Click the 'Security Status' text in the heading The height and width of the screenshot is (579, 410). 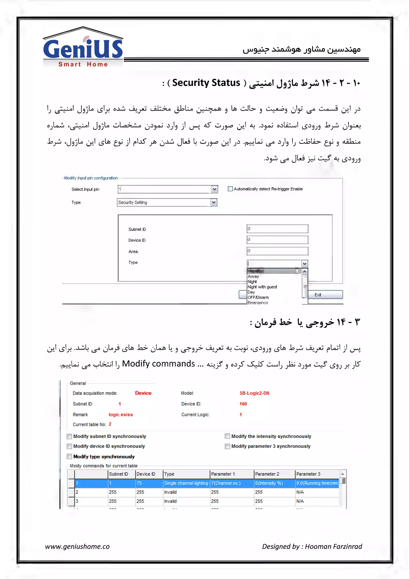[x=206, y=83]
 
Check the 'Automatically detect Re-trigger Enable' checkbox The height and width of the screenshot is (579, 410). [x=230, y=189]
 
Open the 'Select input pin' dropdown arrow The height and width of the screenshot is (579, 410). [x=214, y=189]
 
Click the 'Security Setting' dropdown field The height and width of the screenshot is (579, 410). [x=164, y=202]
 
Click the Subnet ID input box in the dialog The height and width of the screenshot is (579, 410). [x=277, y=229]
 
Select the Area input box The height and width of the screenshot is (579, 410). [x=277, y=251]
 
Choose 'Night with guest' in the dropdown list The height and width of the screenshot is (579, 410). [x=262, y=287]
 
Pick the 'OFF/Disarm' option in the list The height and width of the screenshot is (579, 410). [x=258, y=298]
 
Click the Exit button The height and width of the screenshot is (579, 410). [x=325, y=295]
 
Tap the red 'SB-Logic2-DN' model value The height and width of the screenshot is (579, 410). [x=254, y=393]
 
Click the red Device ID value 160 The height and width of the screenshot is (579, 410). [x=243, y=404]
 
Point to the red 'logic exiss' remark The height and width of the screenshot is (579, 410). [x=121, y=415]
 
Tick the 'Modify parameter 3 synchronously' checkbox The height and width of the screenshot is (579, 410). [x=227, y=446]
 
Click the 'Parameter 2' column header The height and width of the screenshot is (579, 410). [x=267, y=474]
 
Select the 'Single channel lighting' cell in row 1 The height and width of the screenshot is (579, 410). [x=186, y=483]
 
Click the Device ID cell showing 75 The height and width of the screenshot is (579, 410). [x=149, y=483]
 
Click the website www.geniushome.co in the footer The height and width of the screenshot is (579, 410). [x=77, y=546]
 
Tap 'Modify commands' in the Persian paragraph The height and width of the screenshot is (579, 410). [x=158, y=364]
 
